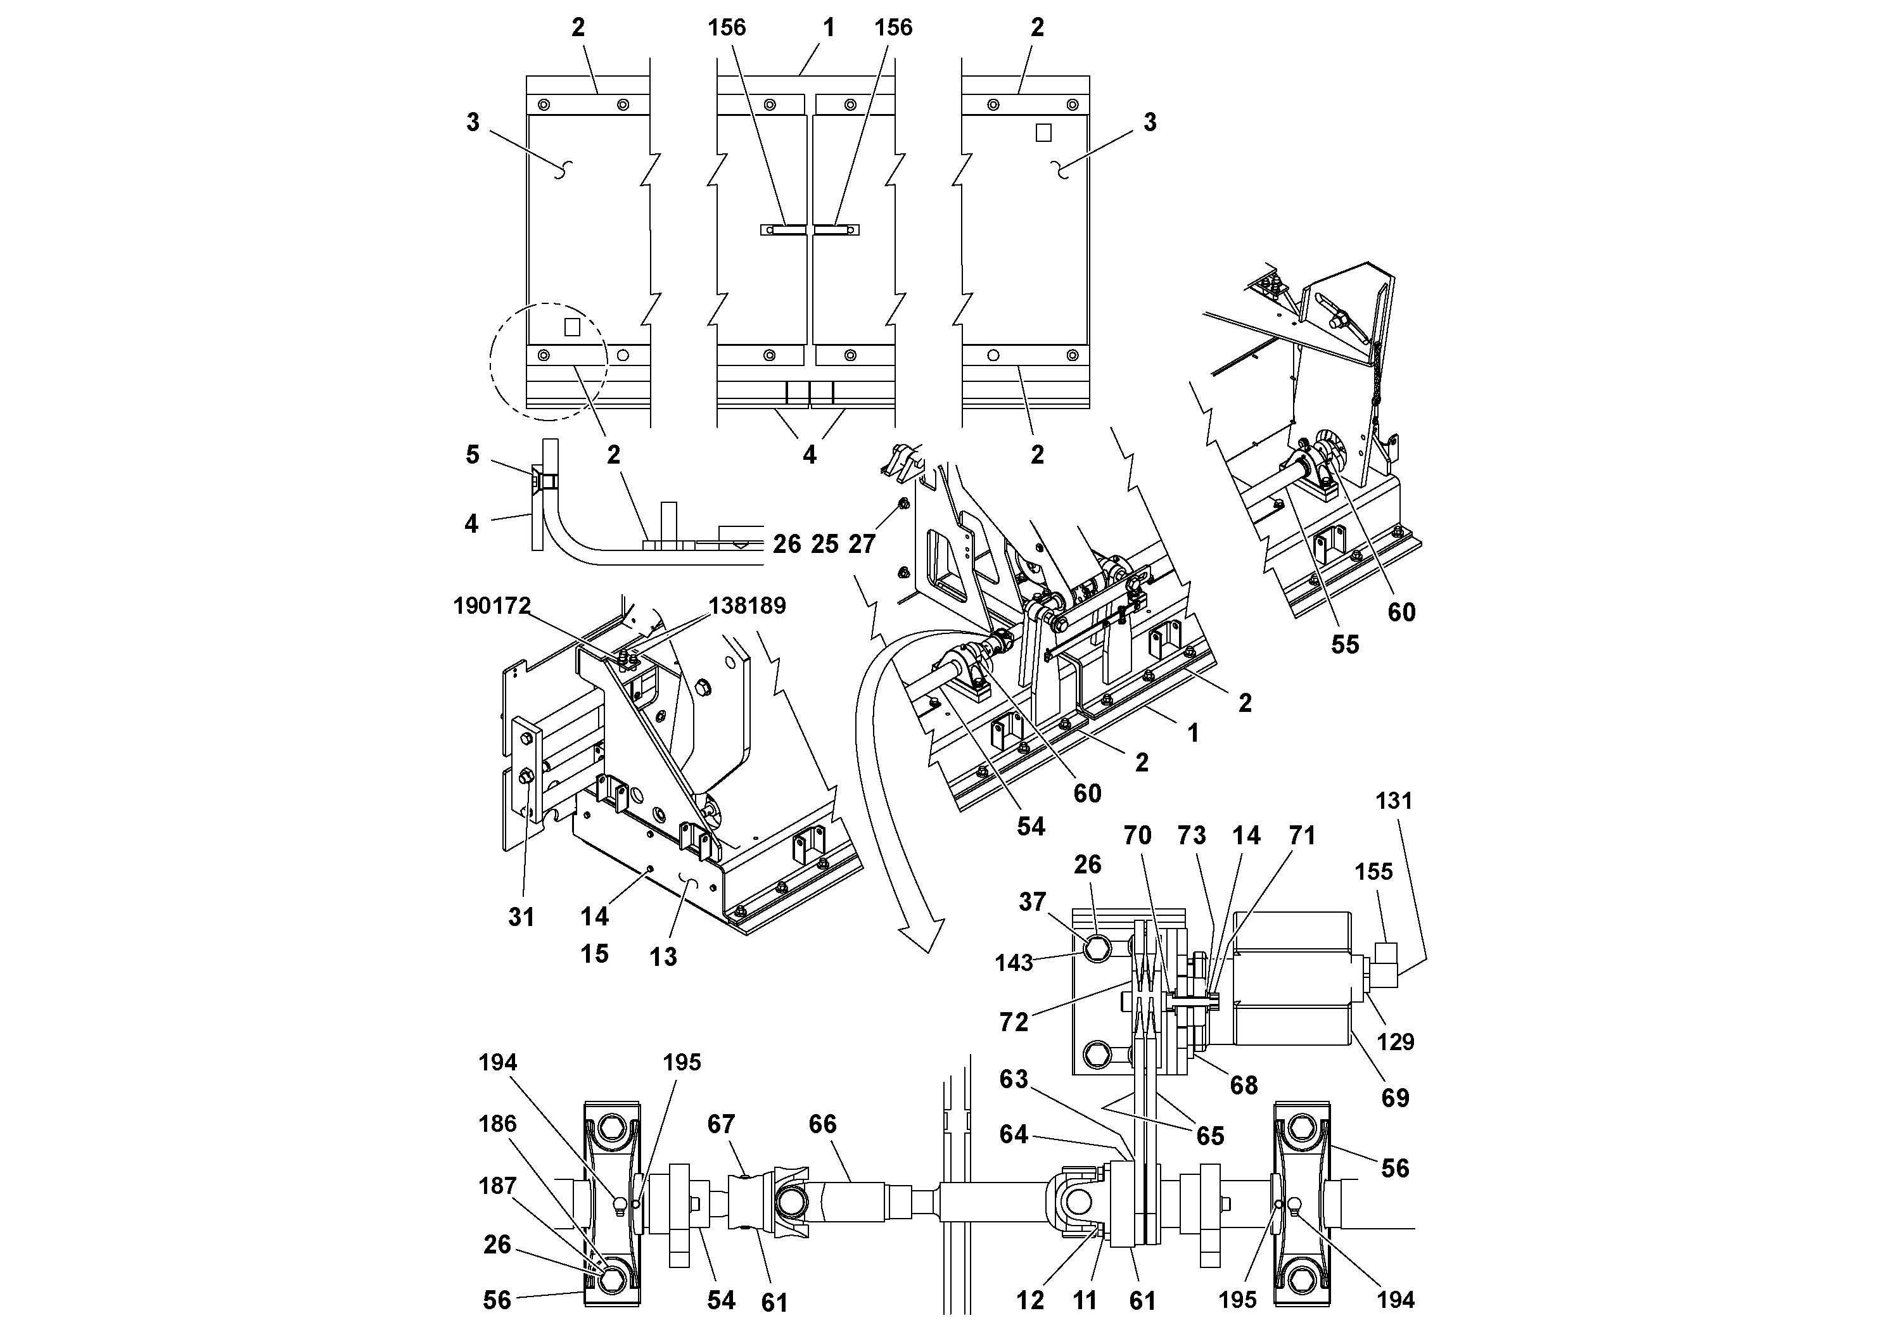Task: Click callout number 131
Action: [1393, 801]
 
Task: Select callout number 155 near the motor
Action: [1373, 872]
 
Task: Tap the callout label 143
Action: [1014, 963]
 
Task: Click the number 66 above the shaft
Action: [822, 1124]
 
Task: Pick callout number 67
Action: [721, 1124]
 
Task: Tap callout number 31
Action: [521, 917]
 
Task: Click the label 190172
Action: [492, 606]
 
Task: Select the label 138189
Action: [747, 606]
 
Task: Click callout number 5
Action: [473, 455]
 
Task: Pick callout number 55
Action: [1345, 645]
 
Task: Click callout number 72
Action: [1014, 1022]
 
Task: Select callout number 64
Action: [1014, 1135]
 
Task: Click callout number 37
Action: [1033, 902]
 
